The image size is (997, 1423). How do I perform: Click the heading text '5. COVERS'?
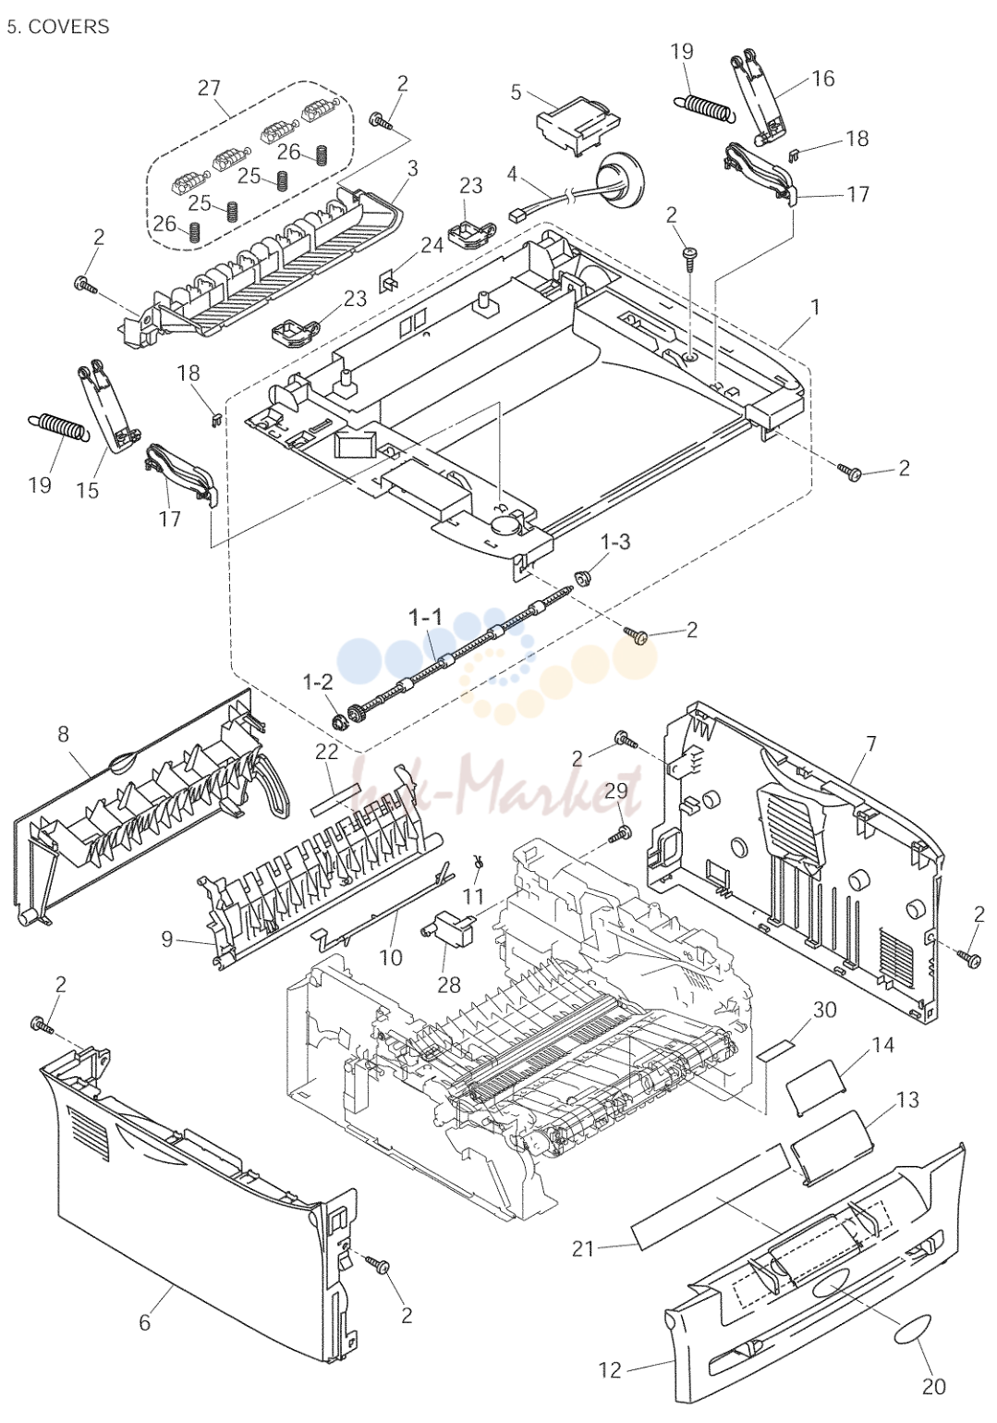tap(58, 27)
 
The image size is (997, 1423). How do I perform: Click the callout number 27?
tap(209, 88)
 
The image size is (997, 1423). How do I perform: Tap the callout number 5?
tap(515, 92)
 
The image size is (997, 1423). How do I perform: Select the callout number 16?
tap(822, 79)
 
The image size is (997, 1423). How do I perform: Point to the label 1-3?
tap(615, 542)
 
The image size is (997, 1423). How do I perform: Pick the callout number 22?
tap(327, 751)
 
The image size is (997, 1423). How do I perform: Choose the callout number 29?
tap(615, 791)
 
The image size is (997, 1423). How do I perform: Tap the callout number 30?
tap(824, 1010)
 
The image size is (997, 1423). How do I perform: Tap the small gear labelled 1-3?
tap(580, 578)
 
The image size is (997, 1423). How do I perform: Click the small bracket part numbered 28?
tap(448, 929)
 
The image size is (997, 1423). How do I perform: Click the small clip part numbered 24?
tap(387, 280)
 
